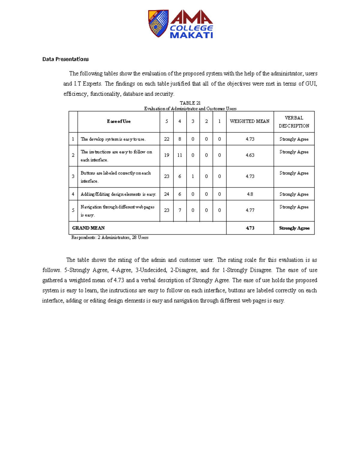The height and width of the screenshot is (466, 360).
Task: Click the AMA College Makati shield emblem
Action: pos(158,23)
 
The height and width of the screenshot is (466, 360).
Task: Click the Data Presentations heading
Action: pos(65,59)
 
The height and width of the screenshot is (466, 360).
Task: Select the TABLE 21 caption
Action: pos(190,103)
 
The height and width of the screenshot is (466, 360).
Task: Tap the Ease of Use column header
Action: pos(118,122)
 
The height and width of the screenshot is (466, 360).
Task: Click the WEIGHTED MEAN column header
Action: pos(250,122)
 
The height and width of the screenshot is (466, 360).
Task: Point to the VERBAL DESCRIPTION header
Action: pos(294,122)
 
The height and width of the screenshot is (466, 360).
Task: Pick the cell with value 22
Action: pos(166,139)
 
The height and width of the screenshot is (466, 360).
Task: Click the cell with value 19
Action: pos(166,155)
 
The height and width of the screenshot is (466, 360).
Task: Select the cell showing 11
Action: pos(180,155)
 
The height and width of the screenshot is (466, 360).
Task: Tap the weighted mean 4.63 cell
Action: pos(250,155)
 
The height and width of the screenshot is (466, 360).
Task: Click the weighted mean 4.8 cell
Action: pos(250,194)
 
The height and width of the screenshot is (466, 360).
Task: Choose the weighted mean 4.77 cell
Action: pos(250,210)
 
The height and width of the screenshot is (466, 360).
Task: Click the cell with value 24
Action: pos(166,194)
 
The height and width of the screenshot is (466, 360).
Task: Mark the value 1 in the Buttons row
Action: pos(193,176)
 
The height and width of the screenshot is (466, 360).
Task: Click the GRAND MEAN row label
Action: pos(88,228)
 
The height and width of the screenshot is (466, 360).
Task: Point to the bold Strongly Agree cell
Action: pos(294,228)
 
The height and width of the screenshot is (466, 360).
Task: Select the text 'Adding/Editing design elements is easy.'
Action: pos(118,194)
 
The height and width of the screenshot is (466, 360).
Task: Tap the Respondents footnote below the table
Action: pos(110,238)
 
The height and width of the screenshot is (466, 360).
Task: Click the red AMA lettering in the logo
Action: pos(191,17)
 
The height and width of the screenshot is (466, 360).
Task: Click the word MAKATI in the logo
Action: pos(191,35)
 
